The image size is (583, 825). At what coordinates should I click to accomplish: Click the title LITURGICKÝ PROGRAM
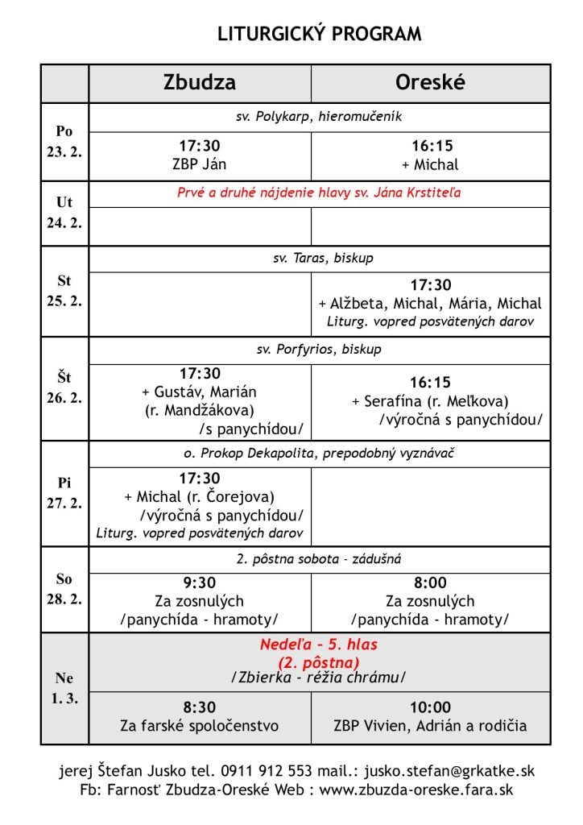pos(320,34)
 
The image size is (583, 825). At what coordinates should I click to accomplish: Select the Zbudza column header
pos(200,83)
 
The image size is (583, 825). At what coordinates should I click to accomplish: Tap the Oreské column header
pos(430,83)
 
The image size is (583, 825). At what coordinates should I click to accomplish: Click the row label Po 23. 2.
pos(64,141)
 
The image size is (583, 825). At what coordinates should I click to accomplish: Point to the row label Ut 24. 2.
pos(64,213)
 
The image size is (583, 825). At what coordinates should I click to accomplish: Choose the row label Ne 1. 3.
pos(64,688)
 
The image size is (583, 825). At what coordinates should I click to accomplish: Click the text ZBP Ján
pos(200,164)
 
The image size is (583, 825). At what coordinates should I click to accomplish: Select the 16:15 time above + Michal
pos(432,147)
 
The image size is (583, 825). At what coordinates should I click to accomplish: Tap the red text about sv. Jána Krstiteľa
pos(320,193)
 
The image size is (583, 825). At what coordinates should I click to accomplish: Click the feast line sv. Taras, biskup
pos(320,259)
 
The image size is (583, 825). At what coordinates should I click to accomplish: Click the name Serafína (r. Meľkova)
pos(435,401)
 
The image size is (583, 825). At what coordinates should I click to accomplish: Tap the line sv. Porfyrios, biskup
pos(320,350)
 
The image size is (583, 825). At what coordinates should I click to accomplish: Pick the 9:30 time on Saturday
pos(200,583)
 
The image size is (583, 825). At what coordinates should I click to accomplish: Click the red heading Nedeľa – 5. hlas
pos(320,645)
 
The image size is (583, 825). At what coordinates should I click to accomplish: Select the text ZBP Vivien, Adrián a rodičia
pos(431,726)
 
